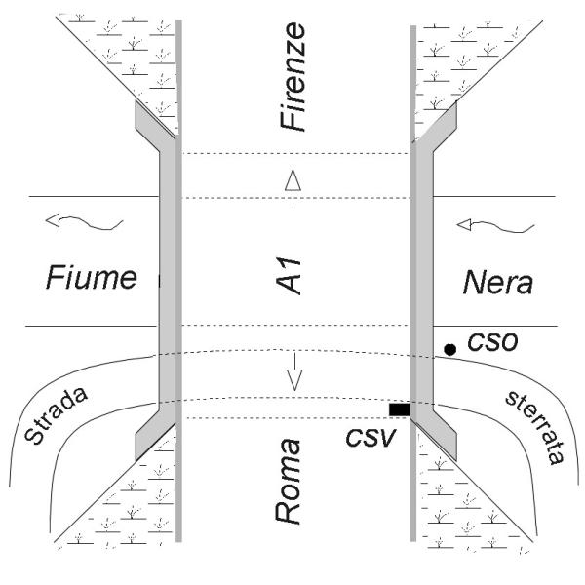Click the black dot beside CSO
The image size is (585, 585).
point(449,348)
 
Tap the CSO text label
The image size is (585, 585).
point(491,344)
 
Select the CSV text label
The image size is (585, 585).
point(370,433)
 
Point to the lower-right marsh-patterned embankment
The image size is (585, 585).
point(468,507)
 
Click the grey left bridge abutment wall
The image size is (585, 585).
point(167,283)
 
